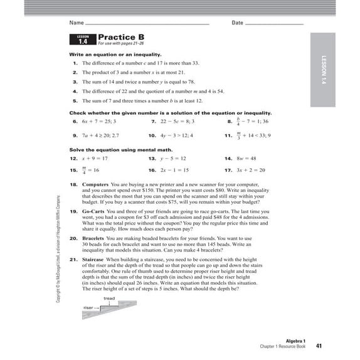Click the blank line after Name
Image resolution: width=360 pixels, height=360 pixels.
pos(146,23)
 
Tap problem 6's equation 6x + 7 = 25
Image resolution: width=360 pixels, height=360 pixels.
pos(97,121)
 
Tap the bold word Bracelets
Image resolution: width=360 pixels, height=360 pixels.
pos(93,238)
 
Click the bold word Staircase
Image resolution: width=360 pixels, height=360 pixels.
pos(93,259)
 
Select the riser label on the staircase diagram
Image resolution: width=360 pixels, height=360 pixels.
pos(88,308)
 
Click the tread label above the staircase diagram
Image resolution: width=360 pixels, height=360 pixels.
pos(109,299)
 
